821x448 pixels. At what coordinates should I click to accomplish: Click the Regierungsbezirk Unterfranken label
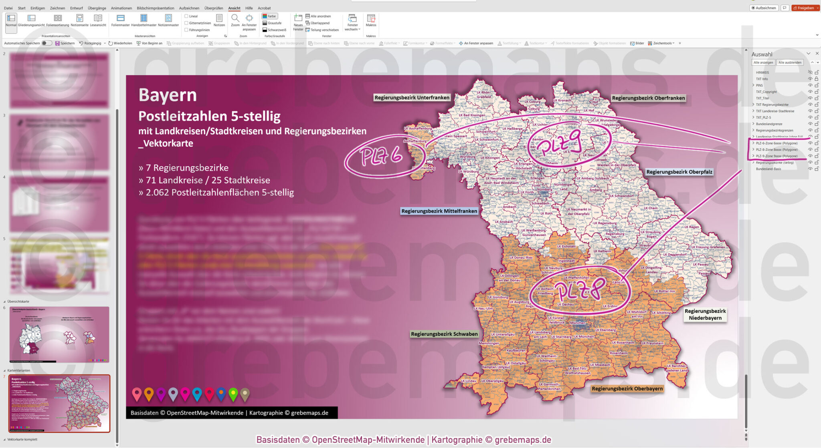tap(412, 98)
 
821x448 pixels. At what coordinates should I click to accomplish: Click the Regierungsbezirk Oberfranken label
tap(648, 98)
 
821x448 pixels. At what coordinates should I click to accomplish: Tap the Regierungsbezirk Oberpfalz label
tap(679, 172)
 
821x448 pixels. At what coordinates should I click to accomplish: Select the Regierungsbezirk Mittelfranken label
tap(439, 211)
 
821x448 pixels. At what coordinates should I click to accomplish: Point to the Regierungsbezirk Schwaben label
tap(444, 334)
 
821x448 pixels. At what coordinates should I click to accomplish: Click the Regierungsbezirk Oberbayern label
tap(627, 388)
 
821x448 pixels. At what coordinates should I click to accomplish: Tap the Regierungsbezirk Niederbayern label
tap(705, 314)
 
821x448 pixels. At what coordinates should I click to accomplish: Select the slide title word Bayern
tap(168, 95)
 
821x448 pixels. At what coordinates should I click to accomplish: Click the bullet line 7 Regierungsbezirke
tap(184, 168)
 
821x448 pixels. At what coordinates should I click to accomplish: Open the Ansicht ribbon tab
tap(234, 8)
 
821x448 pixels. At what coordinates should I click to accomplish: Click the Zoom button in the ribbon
tap(235, 20)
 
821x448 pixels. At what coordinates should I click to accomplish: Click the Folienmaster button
tap(120, 20)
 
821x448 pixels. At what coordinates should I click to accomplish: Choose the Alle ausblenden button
tap(790, 62)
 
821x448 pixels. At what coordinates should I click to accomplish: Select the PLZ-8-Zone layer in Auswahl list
tap(777, 149)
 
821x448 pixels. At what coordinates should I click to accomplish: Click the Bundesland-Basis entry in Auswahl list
tap(768, 169)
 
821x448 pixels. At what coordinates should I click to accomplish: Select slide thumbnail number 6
tap(59, 334)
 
